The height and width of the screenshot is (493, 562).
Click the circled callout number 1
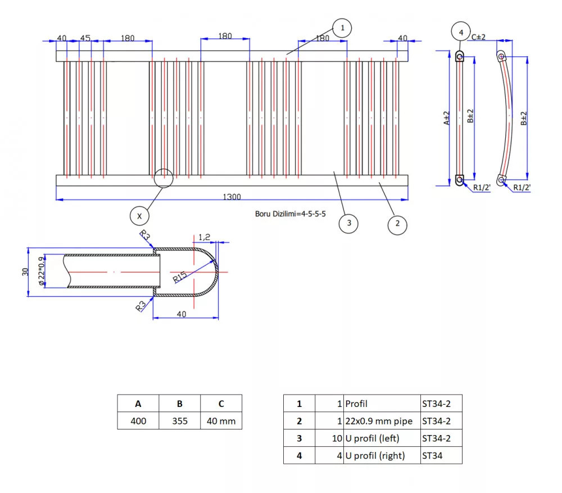pos(342,28)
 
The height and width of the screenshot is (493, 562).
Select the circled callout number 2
pos(397,224)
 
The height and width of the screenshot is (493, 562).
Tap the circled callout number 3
pos(349,223)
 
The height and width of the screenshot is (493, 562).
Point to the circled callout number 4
pos(461,33)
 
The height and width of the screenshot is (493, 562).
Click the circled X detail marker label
pos(140,215)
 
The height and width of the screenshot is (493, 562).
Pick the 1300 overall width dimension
pos(232,197)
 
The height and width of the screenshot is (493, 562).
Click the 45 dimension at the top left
pos(85,38)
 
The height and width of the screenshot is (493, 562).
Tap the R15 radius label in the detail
pos(180,276)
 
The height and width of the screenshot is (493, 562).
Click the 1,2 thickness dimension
pos(204,237)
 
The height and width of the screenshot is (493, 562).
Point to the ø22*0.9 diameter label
pos(41,271)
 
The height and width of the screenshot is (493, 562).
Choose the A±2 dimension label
pos(447,117)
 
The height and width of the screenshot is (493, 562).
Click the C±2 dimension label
pos(478,37)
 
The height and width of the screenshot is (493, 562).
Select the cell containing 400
pos(138,421)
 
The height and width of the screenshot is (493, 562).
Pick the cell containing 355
pos(180,421)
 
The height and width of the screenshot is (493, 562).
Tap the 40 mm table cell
pos(221,421)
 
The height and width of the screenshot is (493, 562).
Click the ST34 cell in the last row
pos(441,455)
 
